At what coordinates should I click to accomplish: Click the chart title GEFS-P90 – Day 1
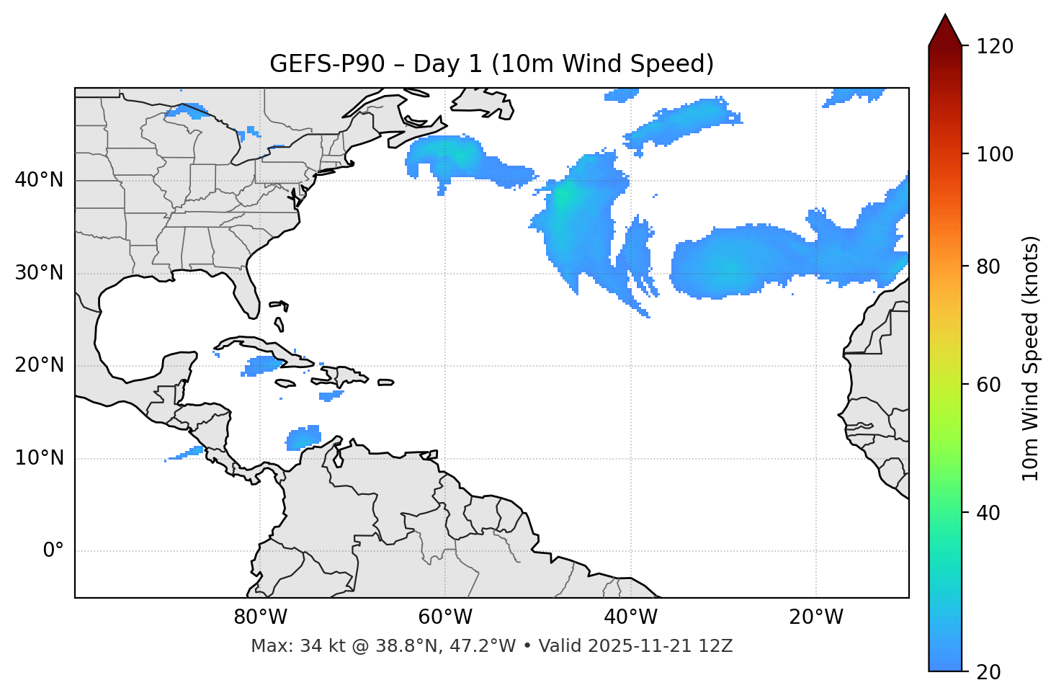pos(491,64)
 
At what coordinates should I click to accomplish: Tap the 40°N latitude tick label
pos(39,180)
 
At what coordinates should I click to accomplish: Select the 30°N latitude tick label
pos(39,273)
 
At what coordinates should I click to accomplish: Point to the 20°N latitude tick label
pos(39,365)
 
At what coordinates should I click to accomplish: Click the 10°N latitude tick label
pos(39,458)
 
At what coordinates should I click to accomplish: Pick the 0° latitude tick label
pos(53,551)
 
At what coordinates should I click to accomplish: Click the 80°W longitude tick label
pos(260,617)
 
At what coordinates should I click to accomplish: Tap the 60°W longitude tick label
pos(445,617)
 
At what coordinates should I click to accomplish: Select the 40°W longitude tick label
pos(630,617)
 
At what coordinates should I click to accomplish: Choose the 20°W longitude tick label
pos(815,617)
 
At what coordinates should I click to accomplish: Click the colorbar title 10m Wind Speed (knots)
pos(1031,358)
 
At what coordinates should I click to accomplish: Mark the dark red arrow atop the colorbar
pos(945,30)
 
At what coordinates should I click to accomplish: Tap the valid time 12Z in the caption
pos(718,646)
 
